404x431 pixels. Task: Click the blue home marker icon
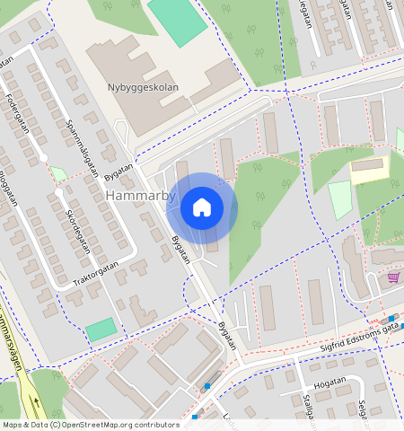point(202,207)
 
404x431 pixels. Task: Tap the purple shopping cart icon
point(392,277)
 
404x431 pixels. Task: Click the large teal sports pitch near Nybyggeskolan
point(178,20)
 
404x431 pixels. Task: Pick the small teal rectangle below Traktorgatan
point(101,330)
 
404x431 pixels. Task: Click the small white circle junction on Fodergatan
point(43,158)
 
